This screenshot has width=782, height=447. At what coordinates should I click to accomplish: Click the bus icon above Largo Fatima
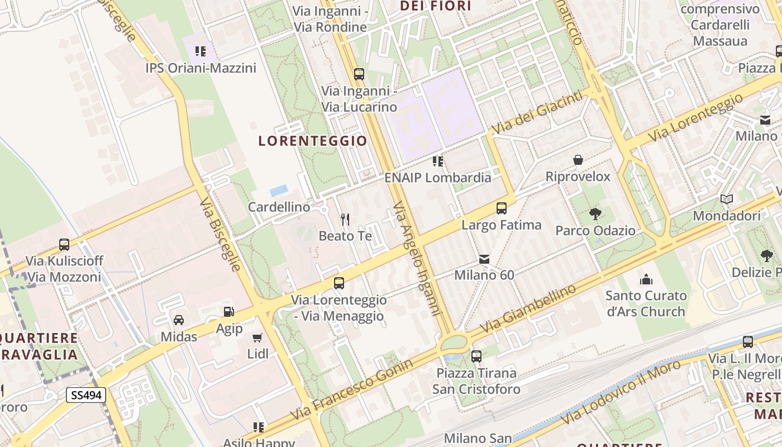pos(502,208)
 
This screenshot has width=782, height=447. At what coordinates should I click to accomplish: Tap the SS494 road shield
pos(86,395)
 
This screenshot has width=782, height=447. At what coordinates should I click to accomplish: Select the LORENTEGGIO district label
pos(313,141)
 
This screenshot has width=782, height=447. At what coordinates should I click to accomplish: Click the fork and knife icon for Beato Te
pos(345,219)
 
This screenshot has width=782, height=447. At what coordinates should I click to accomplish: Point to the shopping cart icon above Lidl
pos(258,337)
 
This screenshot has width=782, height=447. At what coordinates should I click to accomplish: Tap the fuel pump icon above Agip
pos(228,312)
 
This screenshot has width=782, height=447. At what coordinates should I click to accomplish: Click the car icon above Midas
pos(179,320)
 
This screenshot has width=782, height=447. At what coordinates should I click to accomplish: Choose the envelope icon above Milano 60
pos(484,259)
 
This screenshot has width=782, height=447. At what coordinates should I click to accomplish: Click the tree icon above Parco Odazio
pos(595,213)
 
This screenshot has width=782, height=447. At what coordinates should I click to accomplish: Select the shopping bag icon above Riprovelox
pos(578,160)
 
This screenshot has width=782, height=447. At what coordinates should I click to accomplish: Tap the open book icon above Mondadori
pos(727,199)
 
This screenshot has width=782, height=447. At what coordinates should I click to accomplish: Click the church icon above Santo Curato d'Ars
pos(646,279)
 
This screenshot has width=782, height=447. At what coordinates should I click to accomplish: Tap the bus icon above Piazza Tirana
pos(476,356)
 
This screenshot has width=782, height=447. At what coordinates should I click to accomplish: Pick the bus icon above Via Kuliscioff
pos(64,244)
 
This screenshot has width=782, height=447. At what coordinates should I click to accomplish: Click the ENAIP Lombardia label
pos(438,178)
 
